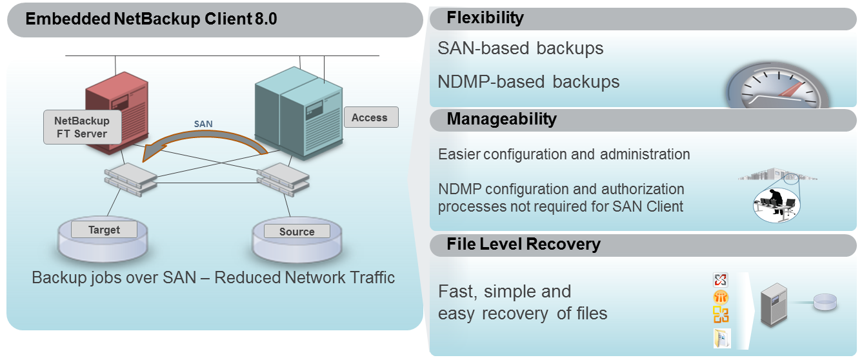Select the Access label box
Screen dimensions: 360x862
[370, 117]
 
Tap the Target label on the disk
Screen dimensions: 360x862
[104, 230]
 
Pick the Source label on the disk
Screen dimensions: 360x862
[297, 232]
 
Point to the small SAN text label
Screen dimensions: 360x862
[203, 123]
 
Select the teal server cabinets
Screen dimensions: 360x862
[297, 110]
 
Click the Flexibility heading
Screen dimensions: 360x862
[485, 18]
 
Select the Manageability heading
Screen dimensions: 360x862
[501, 119]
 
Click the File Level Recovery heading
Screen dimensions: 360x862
[523, 245]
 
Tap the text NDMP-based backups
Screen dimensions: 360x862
[528, 82]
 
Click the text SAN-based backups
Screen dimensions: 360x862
[520, 48]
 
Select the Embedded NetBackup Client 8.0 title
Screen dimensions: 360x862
[151, 19]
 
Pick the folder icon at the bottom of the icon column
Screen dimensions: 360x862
[721, 338]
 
